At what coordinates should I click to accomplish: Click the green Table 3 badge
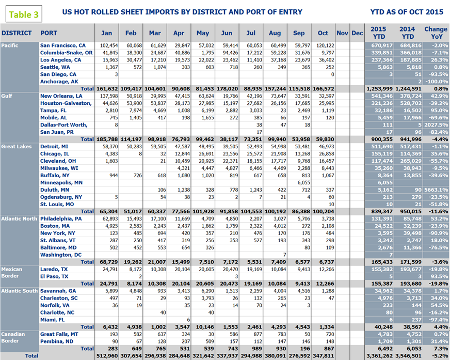[24, 14]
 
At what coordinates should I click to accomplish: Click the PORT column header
[49, 33]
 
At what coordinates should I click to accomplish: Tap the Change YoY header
[436, 33]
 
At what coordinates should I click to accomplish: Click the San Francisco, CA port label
[63, 45]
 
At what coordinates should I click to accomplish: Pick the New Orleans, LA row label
[61, 96]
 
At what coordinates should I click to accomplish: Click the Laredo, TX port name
[54, 269]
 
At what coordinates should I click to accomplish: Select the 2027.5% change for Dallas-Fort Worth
[436, 124]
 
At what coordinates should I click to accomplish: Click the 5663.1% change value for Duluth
[436, 190]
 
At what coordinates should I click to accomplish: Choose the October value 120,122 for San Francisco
[323, 45]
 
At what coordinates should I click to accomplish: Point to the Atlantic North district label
[19, 218]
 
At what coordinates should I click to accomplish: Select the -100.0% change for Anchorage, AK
[436, 82]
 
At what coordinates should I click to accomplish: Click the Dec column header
[357, 33]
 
